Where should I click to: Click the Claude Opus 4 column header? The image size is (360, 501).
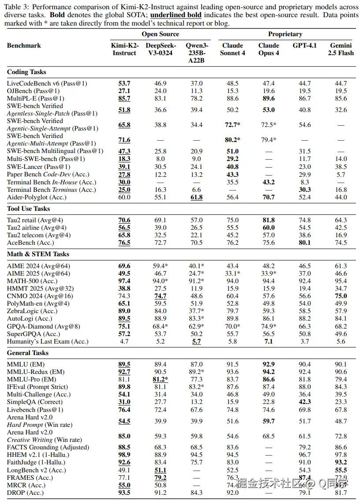point(269,49)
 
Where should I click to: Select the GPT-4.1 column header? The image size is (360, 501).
point(304,45)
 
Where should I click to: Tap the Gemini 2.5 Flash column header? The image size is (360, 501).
point(341,49)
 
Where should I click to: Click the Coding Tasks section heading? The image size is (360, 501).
point(26,72)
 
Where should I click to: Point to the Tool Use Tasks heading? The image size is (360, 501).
point(29,209)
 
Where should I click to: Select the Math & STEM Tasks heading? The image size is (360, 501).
point(38,254)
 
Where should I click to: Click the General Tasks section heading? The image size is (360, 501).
point(28,353)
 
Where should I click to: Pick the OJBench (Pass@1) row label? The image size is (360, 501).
point(33,91)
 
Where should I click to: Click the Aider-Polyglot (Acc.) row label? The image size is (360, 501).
point(38,197)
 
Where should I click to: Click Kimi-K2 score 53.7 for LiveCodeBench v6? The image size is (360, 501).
point(124,83)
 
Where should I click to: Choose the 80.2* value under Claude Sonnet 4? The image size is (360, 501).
point(233,140)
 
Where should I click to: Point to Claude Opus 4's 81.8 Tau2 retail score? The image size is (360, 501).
point(269,220)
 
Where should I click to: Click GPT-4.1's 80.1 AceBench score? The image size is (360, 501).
point(304,243)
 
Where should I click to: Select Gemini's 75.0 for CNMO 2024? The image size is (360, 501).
point(341,296)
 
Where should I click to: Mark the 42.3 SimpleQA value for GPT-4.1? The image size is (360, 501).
point(304,402)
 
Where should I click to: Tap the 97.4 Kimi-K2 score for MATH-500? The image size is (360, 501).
point(124,281)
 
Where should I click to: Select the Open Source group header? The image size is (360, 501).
point(160,34)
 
